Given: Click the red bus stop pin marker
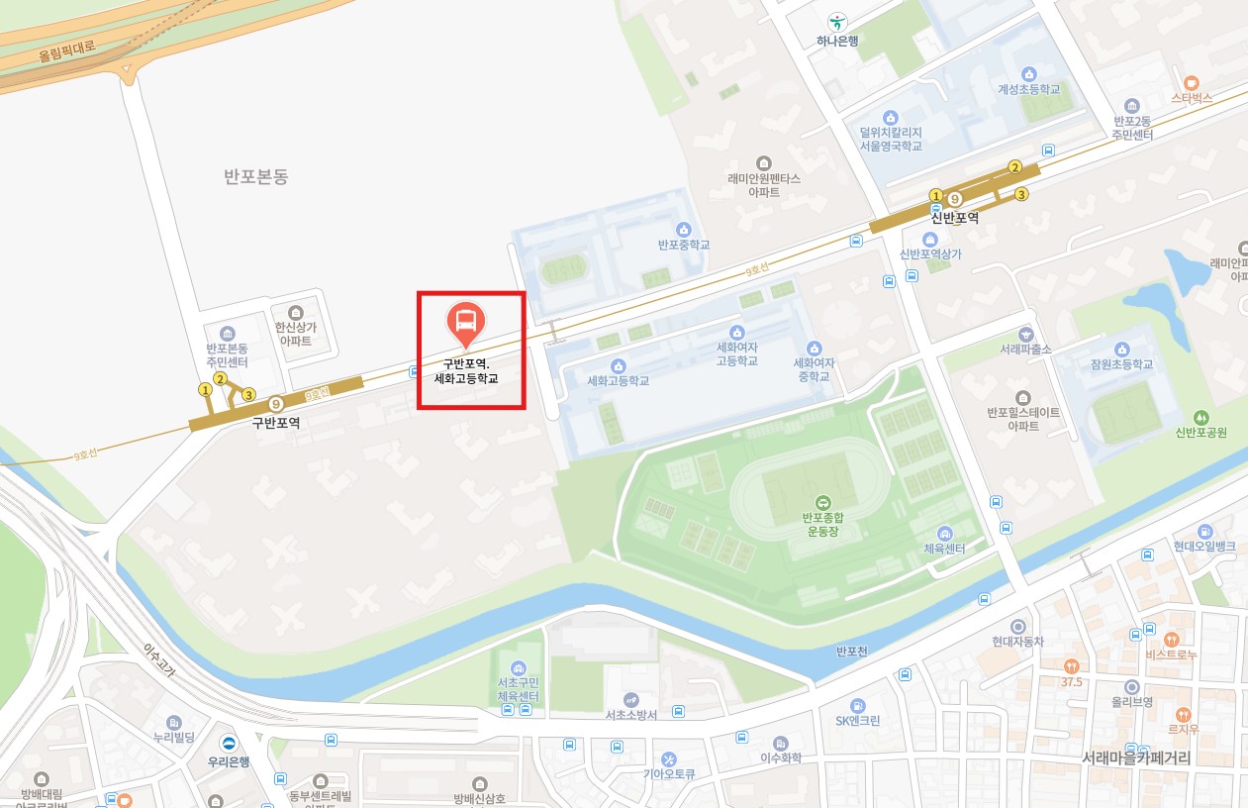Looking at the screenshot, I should pos(465,321).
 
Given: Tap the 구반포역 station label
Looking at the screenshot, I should pos(276,423).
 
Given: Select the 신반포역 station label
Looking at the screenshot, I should pos(954,218).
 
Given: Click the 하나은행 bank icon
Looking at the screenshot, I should pos(837,22).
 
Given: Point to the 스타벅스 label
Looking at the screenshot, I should pos(1191,99).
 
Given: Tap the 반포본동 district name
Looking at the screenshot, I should pos(255,177).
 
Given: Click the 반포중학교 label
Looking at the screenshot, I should pos(684,245).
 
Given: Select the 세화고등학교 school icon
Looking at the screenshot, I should pos(619,365).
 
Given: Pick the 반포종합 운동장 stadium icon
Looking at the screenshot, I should pos(821,502).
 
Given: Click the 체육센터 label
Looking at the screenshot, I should pos(944,549).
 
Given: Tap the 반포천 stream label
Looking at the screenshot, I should pos(851,651).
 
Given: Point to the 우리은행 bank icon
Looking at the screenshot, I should pos(229,744).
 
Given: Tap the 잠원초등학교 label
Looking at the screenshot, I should pos(1121,364).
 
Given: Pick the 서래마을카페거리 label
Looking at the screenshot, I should pos(1135,758).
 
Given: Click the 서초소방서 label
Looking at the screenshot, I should pos(631,715).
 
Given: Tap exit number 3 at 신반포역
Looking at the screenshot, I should pos(1021,194).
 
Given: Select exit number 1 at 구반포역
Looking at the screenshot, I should pos(206,390).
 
